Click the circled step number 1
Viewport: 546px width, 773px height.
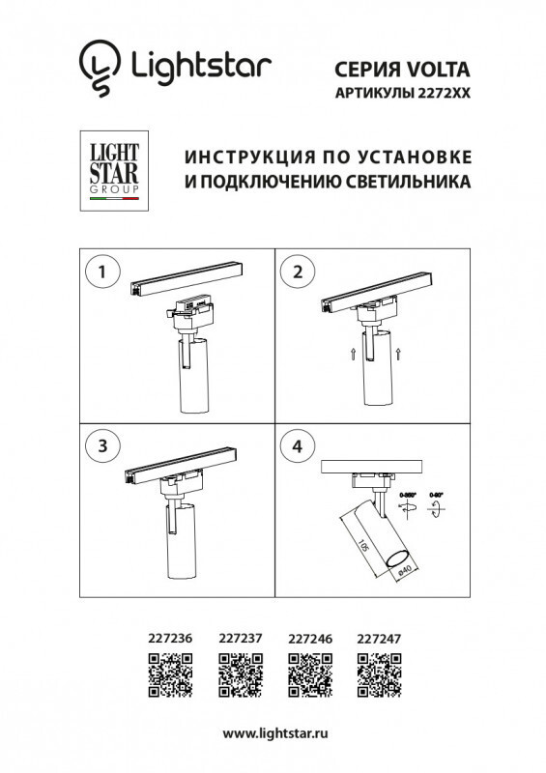coord(100,272)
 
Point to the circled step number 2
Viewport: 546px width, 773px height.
coord(298,272)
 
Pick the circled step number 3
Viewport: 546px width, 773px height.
coord(100,445)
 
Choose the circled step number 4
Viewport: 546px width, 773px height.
coord(298,445)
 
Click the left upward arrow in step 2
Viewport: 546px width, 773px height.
coord(354,352)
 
